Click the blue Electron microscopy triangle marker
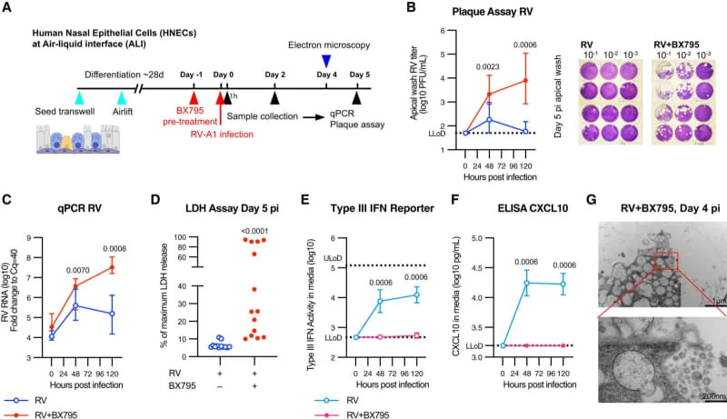327,60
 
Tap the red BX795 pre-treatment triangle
193,96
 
